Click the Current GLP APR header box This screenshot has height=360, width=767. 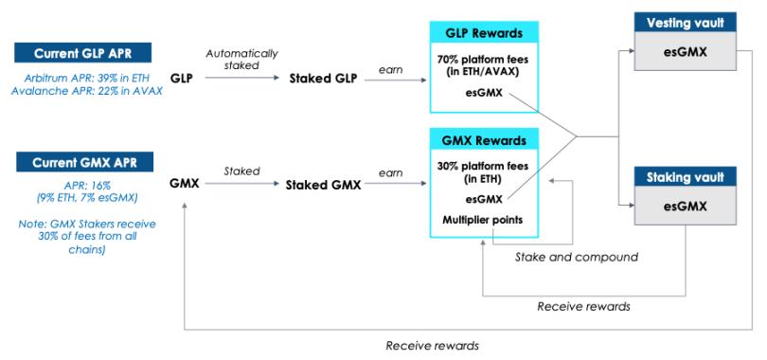(x=82, y=53)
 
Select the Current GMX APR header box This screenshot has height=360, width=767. (x=84, y=162)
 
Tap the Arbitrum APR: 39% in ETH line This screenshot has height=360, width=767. (x=85, y=78)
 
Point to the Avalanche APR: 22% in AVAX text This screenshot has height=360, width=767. (x=87, y=91)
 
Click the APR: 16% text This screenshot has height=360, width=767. (x=85, y=186)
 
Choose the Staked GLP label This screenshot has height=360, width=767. (x=324, y=79)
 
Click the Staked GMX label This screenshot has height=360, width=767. (x=323, y=185)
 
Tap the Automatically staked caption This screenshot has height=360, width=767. (x=241, y=59)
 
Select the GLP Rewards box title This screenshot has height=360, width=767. (x=484, y=33)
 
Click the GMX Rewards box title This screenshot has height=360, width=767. (x=484, y=140)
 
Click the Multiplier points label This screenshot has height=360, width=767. (x=482, y=220)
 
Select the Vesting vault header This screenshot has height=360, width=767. (x=685, y=23)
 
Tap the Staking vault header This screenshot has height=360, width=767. (x=685, y=176)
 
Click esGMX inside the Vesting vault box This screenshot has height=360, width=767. (x=685, y=52)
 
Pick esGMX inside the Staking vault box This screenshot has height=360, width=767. (x=685, y=207)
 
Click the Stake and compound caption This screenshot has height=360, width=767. (x=577, y=257)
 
